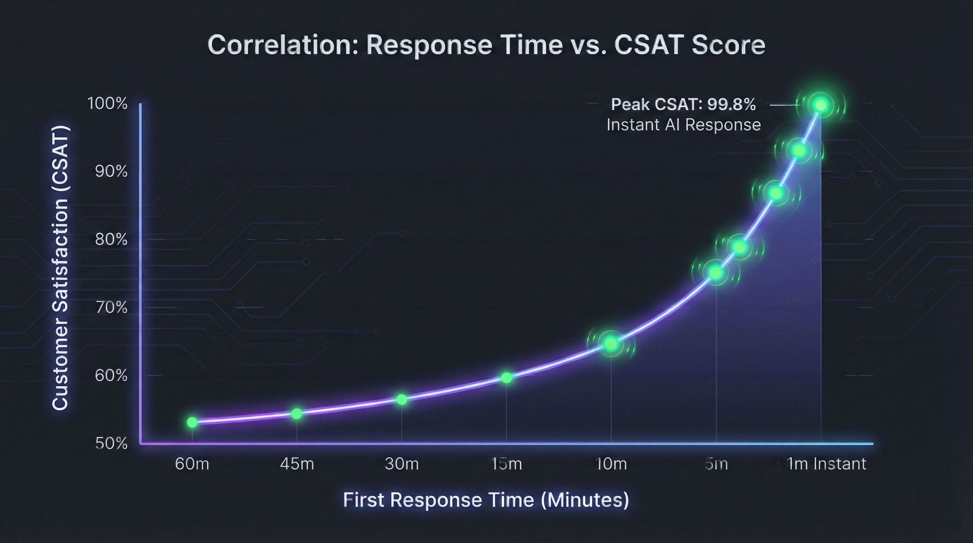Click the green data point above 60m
[192, 422]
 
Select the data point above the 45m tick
[297, 414]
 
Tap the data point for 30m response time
[402, 399]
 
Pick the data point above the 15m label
[507, 378]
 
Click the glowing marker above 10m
[611, 343]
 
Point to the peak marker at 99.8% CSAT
[820, 105]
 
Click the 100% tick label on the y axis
[107, 104]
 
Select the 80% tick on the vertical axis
[111, 239]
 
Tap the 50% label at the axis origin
[111, 443]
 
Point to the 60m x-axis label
[192, 464]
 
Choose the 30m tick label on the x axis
[402, 464]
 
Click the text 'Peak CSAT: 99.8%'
[683, 105]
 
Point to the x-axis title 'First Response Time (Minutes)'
[486, 500]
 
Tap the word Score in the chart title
[728, 45]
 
